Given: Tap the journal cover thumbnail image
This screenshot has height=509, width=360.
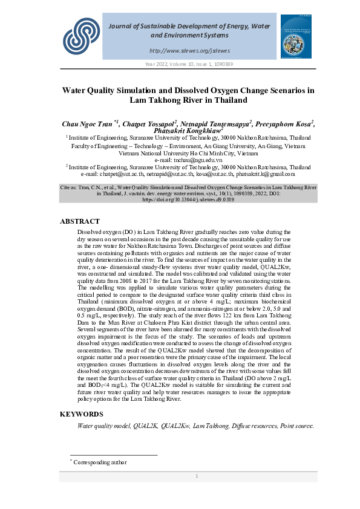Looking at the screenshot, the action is click(x=295, y=36).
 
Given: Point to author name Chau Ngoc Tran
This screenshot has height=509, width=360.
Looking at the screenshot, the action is click(x=88, y=124).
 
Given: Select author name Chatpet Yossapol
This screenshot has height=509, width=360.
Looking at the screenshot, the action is click(x=149, y=124).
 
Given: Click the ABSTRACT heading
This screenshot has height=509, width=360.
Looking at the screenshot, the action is click(x=79, y=222).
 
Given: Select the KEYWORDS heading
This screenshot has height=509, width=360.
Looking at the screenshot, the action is click(x=81, y=414).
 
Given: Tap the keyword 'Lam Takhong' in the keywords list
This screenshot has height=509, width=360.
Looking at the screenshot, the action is click(x=211, y=426).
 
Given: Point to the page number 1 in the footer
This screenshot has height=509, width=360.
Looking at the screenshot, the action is click(x=197, y=476).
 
